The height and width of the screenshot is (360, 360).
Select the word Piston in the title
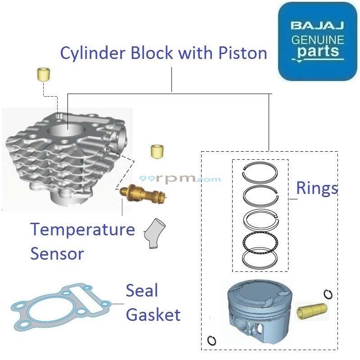(244, 53)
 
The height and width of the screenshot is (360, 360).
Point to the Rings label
(317, 188)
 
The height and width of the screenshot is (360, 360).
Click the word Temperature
(82, 230)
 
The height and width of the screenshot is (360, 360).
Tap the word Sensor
(57, 253)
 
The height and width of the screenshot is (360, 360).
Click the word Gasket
(153, 314)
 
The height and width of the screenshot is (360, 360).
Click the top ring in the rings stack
(261, 173)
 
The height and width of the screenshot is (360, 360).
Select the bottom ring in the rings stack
(261, 258)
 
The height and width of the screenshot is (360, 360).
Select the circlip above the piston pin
(328, 294)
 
